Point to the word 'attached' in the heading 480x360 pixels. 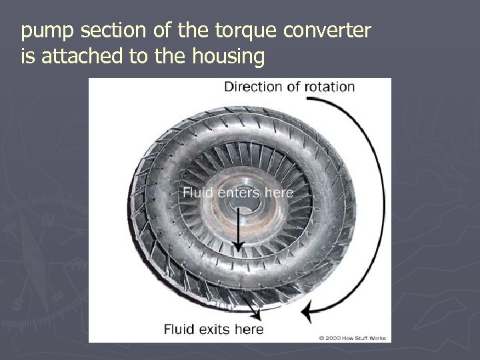(x=83, y=57)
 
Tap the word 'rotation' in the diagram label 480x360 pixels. (x=329, y=86)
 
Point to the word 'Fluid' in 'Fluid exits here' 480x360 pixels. (x=181, y=329)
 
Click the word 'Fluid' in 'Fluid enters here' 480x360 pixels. (x=198, y=193)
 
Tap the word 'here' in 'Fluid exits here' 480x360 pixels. (x=249, y=329)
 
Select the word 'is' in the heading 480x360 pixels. (x=27, y=57)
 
